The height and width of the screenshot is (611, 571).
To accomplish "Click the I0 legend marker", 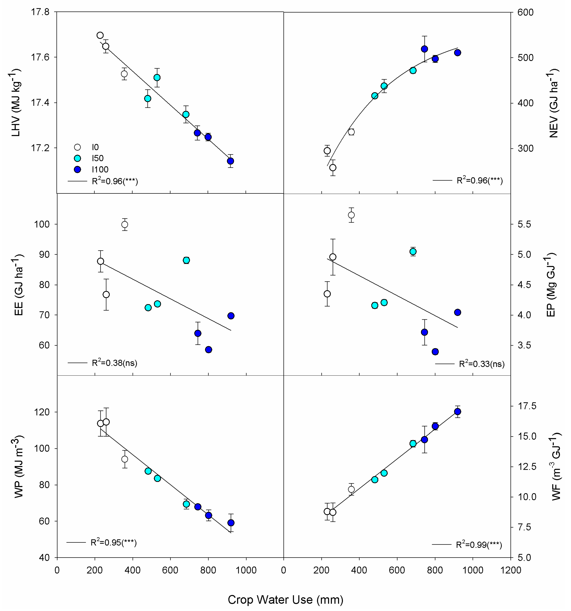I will click(77, 147).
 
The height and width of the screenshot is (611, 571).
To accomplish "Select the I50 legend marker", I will click(77, 158).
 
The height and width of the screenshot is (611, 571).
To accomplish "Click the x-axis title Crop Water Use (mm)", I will click(285, 599).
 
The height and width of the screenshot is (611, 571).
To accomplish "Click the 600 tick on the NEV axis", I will click(525, 13).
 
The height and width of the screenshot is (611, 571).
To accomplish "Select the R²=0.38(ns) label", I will click(114, 363).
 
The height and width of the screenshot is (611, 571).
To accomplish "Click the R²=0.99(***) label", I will click(479, 545).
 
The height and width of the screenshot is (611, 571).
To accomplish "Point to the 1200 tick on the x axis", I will click(511, 570).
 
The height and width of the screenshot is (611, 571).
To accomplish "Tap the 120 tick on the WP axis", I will click(42, 412).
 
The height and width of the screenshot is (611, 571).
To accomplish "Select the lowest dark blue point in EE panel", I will click(208, 349).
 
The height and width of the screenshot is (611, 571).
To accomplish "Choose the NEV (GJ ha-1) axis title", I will click(553, 103).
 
